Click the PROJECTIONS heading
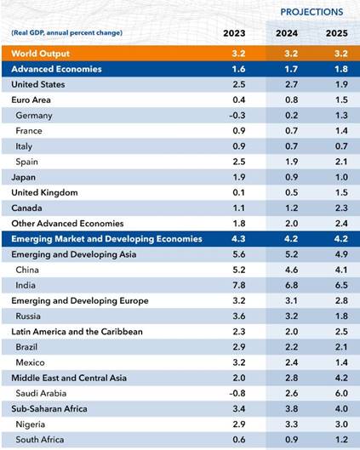[311, 12]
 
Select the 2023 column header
[234, 33]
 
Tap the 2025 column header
[337, 33]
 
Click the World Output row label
[41, 54]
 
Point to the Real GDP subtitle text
[67, 32]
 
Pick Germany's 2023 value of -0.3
[237, 116]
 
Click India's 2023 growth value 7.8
[239, 285]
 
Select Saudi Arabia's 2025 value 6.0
[341, 393]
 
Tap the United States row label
[38, 84]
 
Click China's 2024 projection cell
[291, 270]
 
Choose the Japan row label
[24, 177]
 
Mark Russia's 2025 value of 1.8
[341, 316]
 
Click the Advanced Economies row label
[56, 69]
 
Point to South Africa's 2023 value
[239, 440]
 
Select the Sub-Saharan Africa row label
[49, 408]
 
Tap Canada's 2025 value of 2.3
[341, 208]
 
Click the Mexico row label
[30, 362]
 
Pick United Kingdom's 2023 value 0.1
[239, 192]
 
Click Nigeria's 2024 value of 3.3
[291, 424]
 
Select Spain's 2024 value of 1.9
[291, 162]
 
